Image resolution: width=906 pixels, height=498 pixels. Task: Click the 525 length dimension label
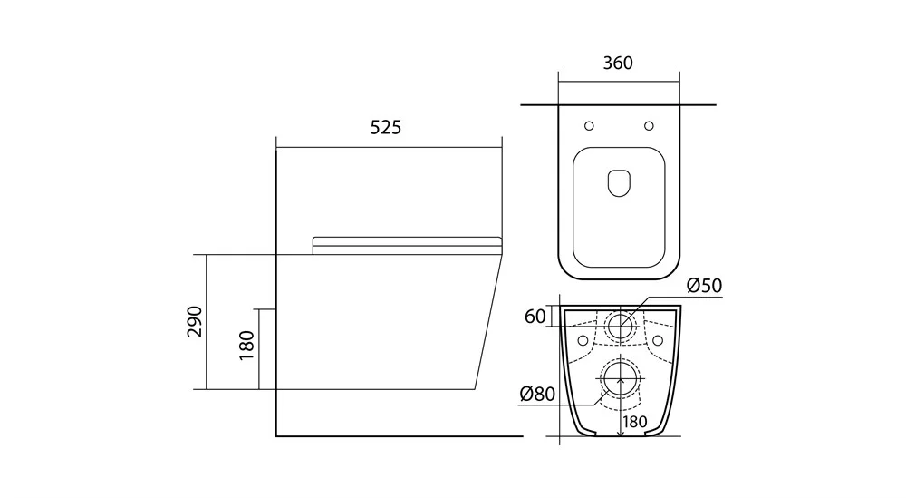(x=385, y=127)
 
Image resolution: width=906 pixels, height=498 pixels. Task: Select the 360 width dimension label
(x=618, y=63)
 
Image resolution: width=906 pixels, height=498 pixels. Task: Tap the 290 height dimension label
(x=196, y=322)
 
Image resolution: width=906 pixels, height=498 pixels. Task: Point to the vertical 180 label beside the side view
(x=246, y=346)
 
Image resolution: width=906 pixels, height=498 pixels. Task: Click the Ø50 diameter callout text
(x=704, y=286)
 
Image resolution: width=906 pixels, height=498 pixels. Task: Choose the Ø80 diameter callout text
(x=537, y=394)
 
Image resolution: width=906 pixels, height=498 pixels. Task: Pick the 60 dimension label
(x=535, y=317)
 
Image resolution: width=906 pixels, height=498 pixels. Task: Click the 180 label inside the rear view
(x=635, y=422)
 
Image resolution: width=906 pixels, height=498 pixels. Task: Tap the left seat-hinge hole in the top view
(x=589, y=125)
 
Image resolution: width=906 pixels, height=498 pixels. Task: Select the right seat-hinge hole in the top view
(x=649, y=125)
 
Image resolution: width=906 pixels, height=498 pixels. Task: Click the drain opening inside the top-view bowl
(x=619, y=182)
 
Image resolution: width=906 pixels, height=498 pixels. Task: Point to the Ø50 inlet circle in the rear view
(x=620, y=326)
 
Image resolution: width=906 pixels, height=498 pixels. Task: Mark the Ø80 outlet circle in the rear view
(x=621, y=379)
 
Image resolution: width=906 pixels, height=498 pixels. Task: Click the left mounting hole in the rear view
(x=583, y=339)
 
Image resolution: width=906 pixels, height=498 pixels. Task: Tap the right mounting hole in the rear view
(x=658, y=339)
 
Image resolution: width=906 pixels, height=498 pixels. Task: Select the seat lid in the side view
(x=408, y=246)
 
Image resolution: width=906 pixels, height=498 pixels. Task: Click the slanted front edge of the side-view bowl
(x=488, y=322)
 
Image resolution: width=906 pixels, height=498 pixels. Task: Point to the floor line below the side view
(x=400, y=436)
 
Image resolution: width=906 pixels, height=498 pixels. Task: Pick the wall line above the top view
(x=618, y=104)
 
